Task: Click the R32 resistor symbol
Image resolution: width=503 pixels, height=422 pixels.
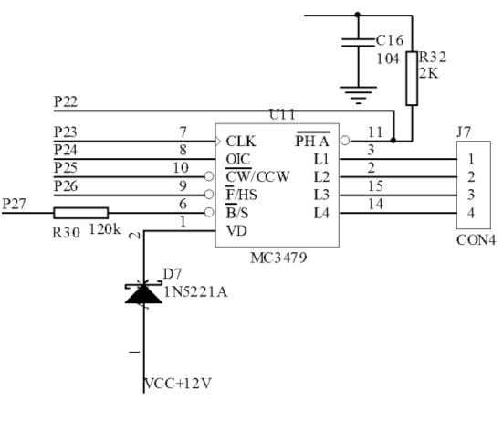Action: [412, 79]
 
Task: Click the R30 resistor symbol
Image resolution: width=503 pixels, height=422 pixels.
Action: [81, 213]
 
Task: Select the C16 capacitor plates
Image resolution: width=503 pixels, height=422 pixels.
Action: [358, 43]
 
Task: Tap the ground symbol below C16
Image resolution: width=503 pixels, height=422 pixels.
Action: [358, 95]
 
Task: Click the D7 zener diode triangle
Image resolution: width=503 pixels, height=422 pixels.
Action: [143, 294]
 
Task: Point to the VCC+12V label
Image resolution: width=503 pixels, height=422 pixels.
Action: [178, 384]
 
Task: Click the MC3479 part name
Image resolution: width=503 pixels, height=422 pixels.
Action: [278, 258]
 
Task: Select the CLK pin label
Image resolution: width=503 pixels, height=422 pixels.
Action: [241, 142]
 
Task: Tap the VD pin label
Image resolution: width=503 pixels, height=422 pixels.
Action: [236, 231]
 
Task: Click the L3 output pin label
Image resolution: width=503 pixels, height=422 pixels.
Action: [321, 195]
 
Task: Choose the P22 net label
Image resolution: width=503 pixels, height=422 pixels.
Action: [66, 101]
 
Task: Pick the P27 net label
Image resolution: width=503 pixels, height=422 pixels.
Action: [14, 204]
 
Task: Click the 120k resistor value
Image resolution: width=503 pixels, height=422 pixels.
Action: [105, 230]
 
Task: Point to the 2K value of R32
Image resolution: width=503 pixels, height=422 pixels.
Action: [428, 73]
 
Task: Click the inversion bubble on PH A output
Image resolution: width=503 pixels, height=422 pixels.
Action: [345, 141]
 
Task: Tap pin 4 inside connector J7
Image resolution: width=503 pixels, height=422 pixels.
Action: [471, 213]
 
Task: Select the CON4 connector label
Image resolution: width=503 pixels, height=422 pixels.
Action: [476, 240]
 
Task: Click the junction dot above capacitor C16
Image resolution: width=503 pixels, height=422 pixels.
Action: [358, 15]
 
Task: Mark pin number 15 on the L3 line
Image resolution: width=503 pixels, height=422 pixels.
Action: [375, 186]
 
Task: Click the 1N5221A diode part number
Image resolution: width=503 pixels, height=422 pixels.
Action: [195, 292]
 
